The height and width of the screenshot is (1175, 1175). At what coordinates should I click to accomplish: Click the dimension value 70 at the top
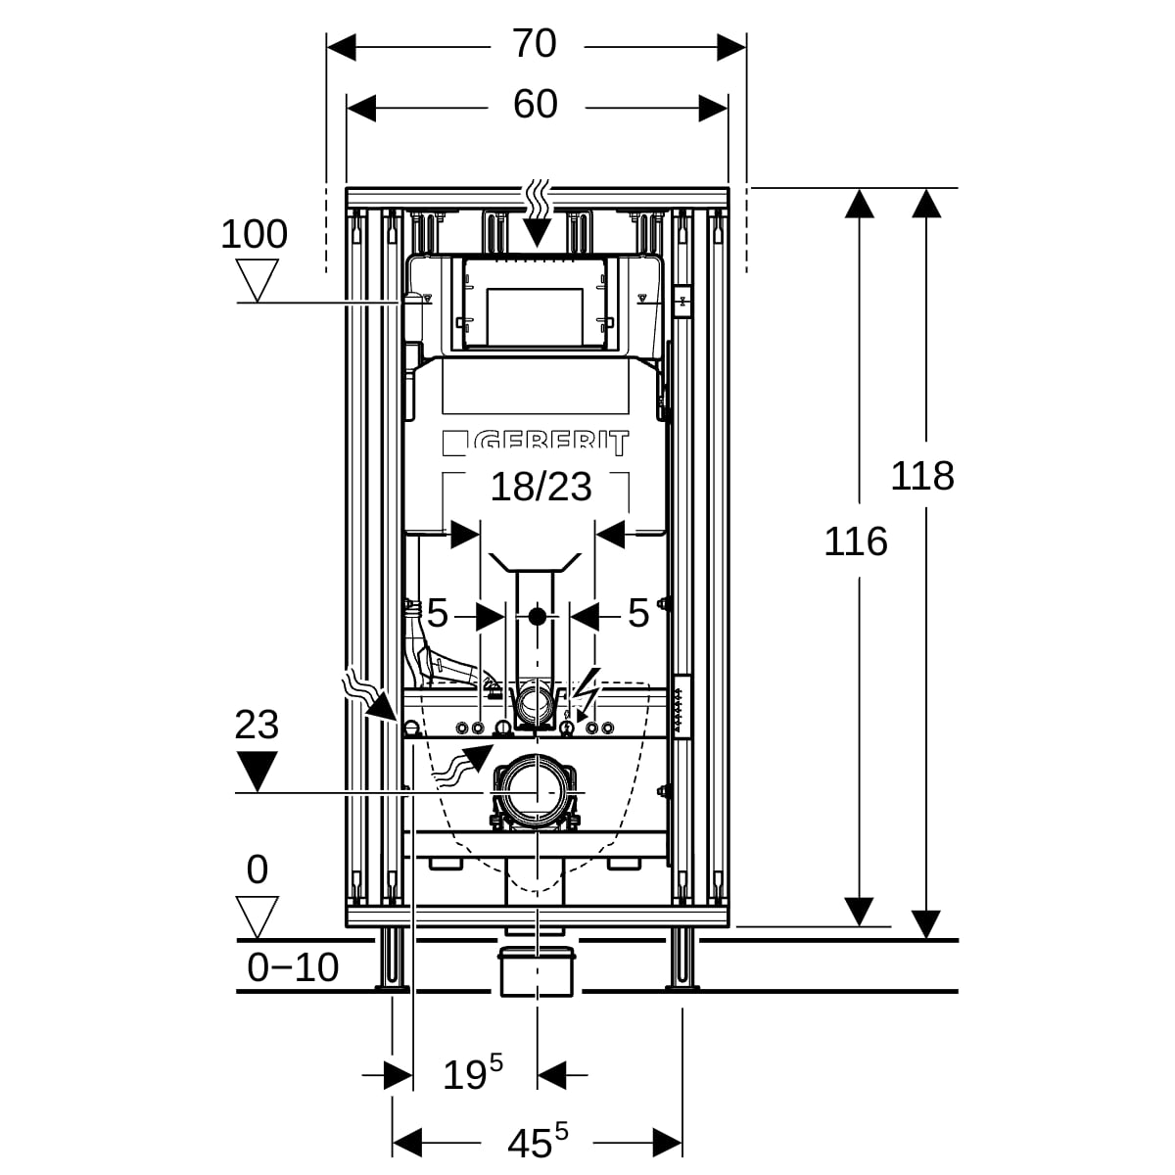tap(535, 44)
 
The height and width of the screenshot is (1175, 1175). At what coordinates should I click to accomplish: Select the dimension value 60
tap(535, 105)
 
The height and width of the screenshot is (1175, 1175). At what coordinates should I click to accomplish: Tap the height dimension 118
tap(921, 477)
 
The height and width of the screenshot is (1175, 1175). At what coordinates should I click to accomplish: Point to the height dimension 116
tap(855, 541)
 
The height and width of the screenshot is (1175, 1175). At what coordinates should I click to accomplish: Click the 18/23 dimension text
tap(540, 486)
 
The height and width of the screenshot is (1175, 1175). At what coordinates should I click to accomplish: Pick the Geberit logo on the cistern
tap(536, 444)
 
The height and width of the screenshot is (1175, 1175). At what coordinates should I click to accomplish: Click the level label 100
tap(254, 235)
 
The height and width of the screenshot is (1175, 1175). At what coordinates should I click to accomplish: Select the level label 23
tap(257, 726)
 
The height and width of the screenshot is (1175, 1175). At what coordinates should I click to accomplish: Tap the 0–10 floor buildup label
tap(293, 967)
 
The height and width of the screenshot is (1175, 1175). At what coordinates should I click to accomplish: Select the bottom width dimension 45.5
tap(537, 1141)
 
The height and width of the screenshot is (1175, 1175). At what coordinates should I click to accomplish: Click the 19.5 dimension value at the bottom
tap(473, 1073)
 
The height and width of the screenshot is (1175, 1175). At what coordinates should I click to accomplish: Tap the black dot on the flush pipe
tap(537, 617)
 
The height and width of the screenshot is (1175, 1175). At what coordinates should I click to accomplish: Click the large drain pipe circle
tap(536, 791)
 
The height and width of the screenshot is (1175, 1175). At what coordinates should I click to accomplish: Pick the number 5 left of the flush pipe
tap(437, 615)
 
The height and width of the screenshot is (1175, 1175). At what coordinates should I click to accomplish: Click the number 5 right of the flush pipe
tap(638, 615)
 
